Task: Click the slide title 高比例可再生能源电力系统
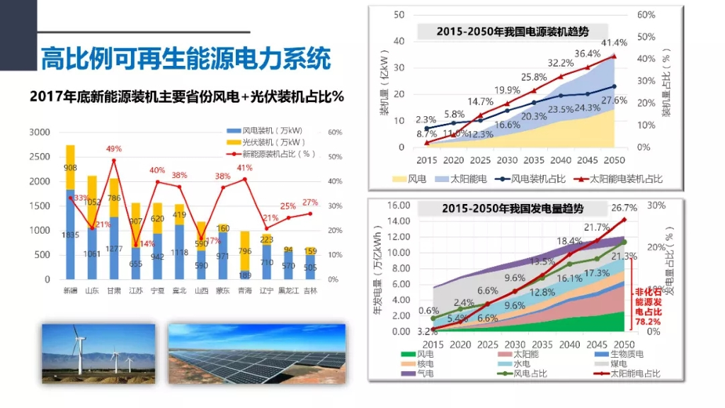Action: [185, 59]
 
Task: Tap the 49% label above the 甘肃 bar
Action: [114, 149]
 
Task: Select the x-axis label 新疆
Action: [70, 290]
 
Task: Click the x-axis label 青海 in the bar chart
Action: [245, 290]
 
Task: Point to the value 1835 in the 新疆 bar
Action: [70, 235]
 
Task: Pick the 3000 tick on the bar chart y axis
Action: [40, 132]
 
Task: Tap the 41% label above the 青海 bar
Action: [245, 168]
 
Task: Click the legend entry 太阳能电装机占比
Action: [626, 179]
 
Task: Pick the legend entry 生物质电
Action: [622, 354]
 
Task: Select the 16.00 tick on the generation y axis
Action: [399, 205]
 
